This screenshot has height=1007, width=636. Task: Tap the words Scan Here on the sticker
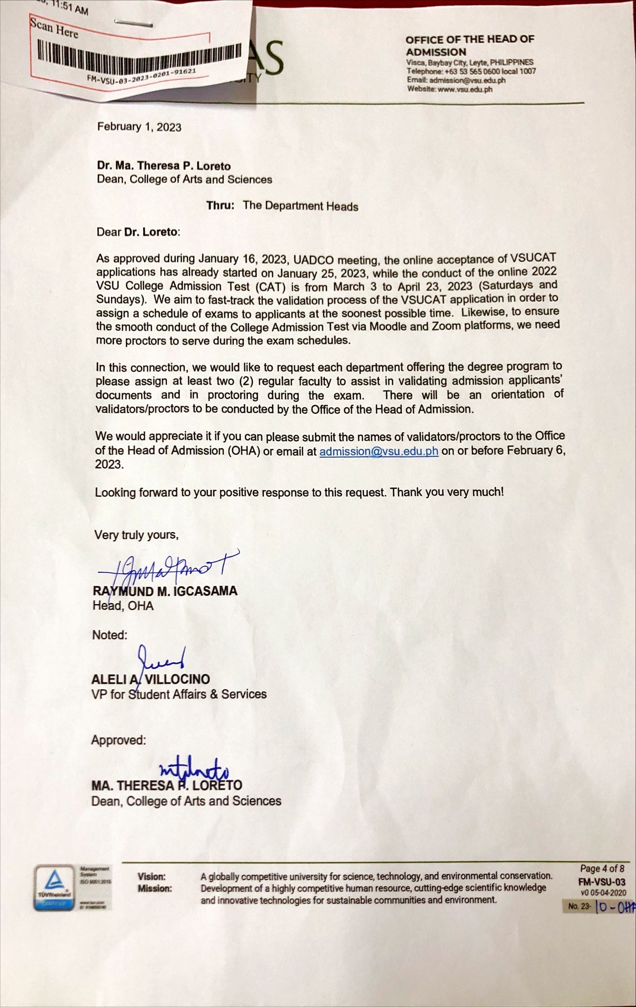[54, 29]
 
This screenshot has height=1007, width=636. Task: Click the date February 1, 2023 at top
[139, 127]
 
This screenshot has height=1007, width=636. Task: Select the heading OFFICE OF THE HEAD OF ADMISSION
[469, 45]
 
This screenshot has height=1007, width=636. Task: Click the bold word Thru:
[220, 205]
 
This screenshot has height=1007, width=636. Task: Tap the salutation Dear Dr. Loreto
[138, 232]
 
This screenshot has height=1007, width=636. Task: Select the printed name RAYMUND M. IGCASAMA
[165, 591]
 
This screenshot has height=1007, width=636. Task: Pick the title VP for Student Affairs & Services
[179, 694]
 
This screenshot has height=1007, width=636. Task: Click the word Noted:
[110, 635]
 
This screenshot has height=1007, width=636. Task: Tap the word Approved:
[119, 740]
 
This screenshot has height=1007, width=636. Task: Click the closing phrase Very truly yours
[136, 535]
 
